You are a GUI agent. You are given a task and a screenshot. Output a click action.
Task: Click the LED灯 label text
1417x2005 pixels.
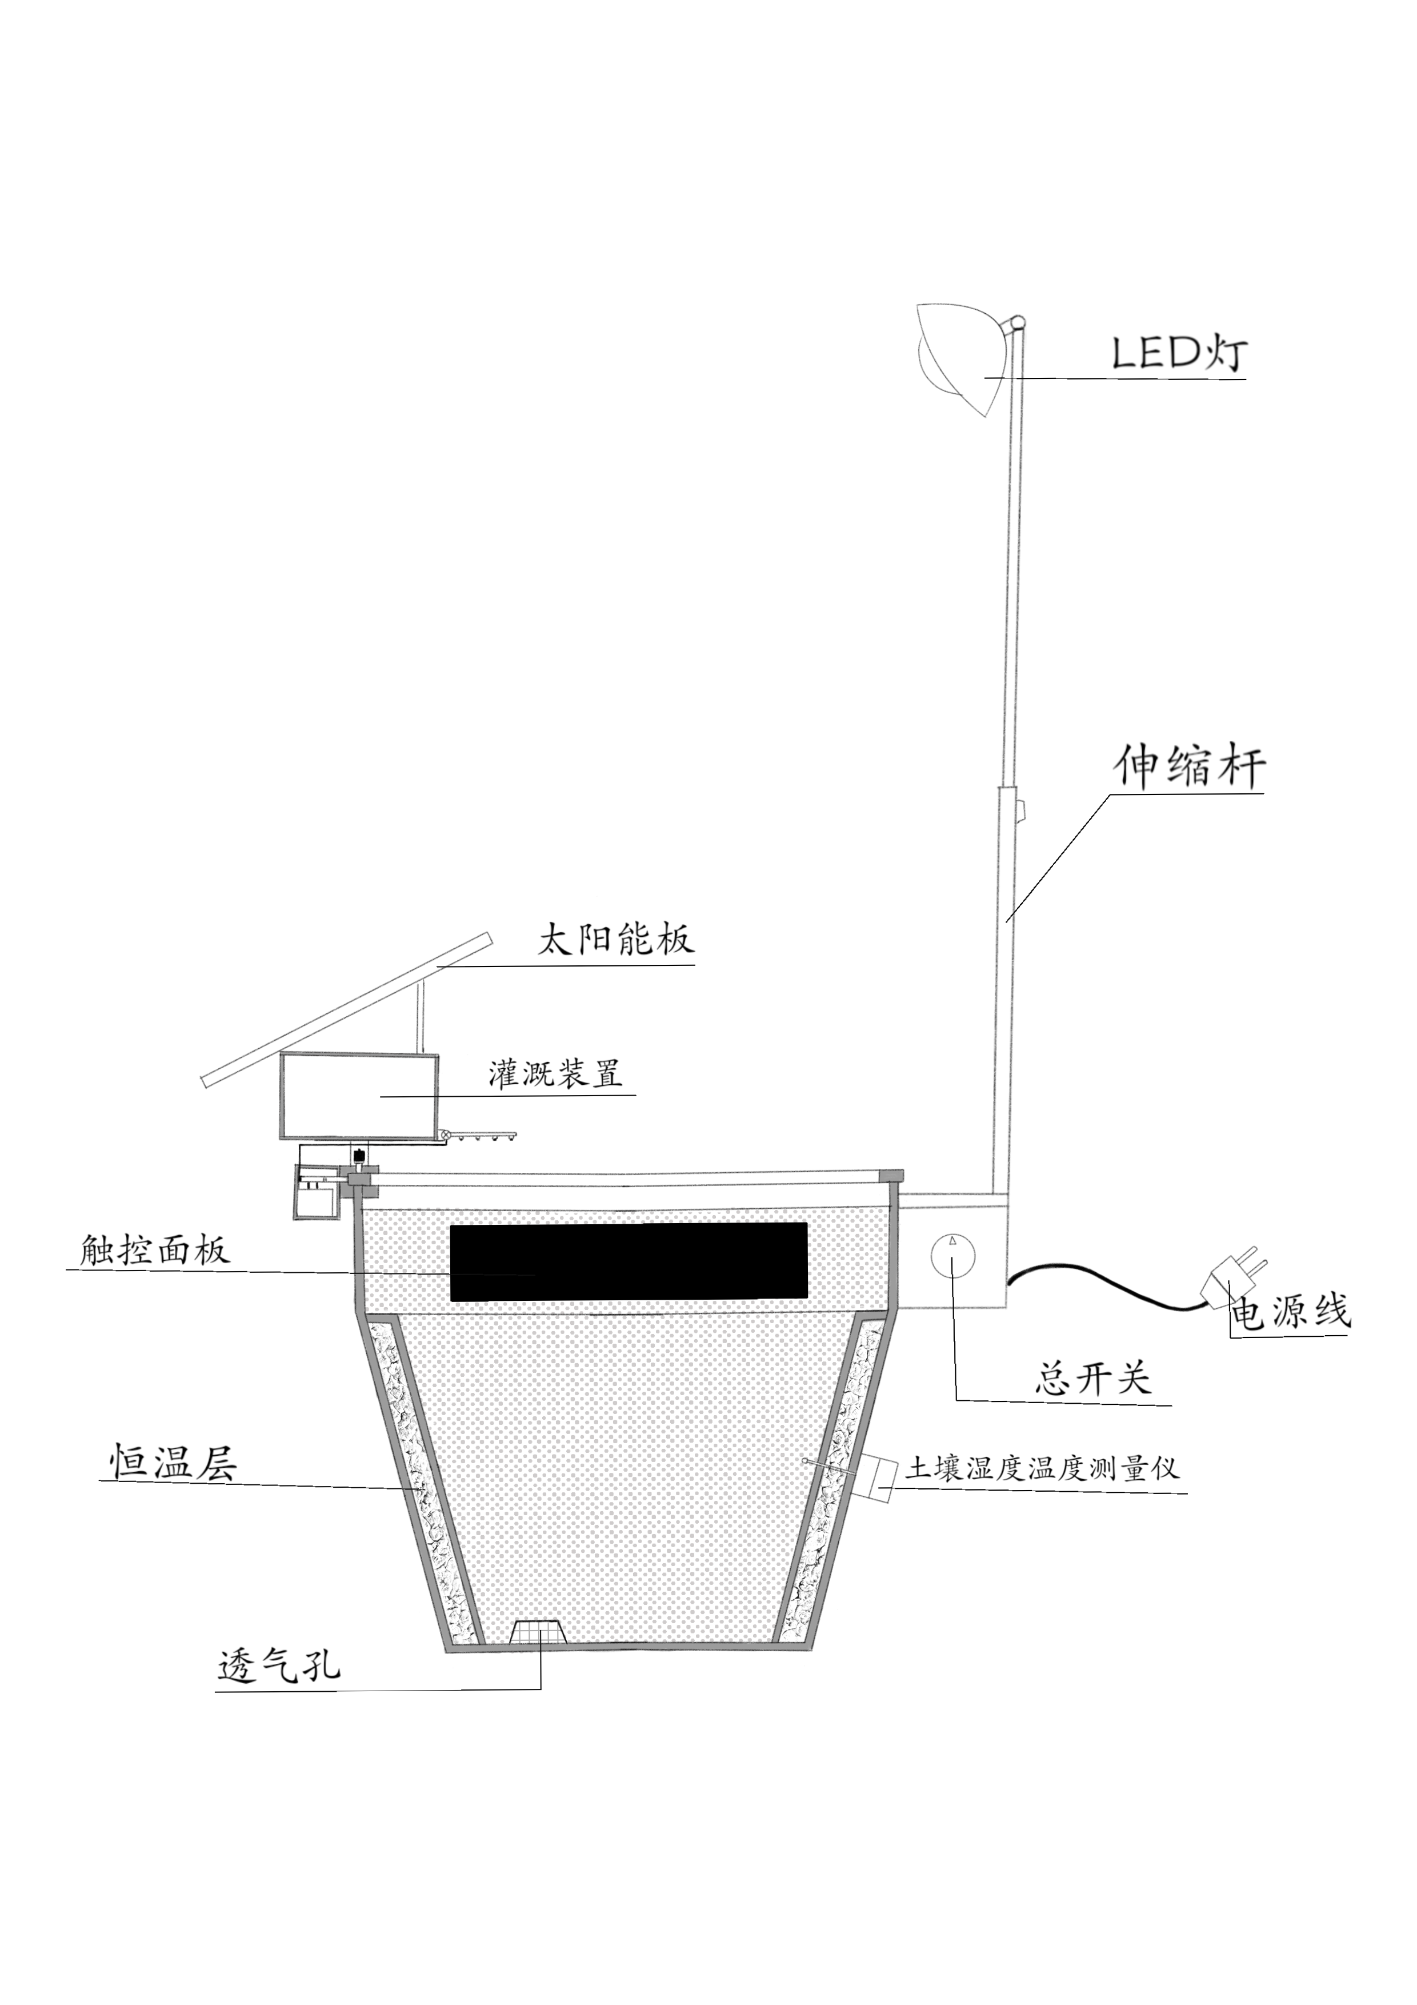[x=1179, y=352]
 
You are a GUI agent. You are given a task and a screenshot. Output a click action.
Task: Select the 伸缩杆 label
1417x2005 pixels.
[x=1189, y=766]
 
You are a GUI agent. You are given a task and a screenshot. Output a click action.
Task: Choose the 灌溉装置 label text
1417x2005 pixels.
[x=555, y=1072]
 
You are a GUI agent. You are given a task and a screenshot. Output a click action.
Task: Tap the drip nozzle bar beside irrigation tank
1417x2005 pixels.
[x=482, y=1135]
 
